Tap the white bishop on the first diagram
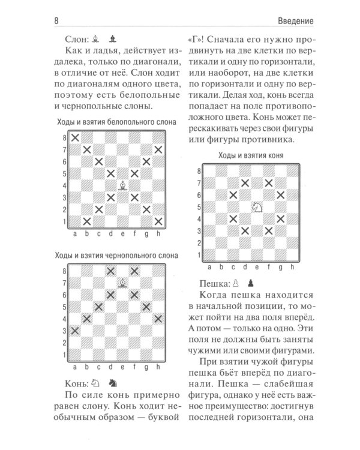point(122,185)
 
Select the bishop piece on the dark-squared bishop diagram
point(122,283)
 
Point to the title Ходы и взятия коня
point(250,155)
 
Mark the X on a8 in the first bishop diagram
point(75,138)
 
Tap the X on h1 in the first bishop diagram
point(158,220)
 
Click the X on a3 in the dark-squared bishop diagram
point(75,330)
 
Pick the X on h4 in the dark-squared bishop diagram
point(158,318)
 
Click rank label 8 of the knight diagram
point(200,171)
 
